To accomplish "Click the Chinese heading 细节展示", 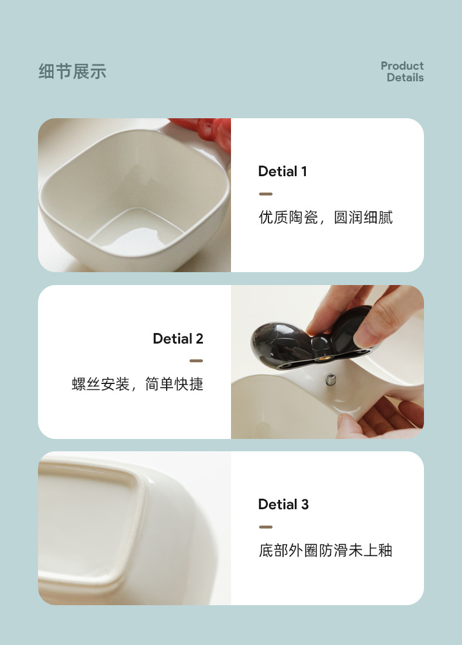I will [73, 72].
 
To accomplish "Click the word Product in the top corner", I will [402, 66].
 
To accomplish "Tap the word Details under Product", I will [405, 78].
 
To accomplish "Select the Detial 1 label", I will [282, 171].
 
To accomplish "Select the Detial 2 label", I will [178, 339].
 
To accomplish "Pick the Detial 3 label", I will [283, 505].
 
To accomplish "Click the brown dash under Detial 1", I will [266, 194].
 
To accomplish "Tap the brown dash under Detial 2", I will [196, 361].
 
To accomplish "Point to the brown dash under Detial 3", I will [266, 527].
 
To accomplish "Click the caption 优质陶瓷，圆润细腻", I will [326, 218].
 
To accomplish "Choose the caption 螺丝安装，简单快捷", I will [137, 385].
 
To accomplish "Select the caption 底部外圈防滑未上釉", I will [326, 551].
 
